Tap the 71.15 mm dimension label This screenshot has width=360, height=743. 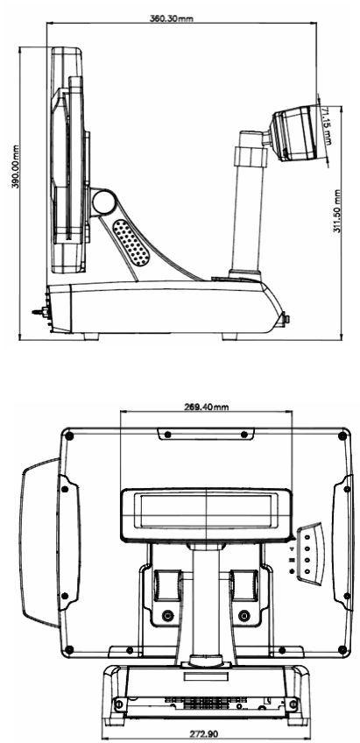[x=327, y=125]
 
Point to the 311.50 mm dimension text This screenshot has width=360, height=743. [x=337, y=211]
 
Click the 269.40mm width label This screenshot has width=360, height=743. [x=206, y=407]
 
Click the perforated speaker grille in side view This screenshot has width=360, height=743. [x=131, y=243]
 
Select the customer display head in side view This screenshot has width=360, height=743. [x=293, y=133]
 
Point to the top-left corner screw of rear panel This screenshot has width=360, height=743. [x=69, y=435]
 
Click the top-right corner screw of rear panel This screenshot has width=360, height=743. [x=342, y=435]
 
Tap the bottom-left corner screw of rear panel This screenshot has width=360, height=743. [x=69, y=648]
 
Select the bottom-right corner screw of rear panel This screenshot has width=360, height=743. [x=342, y=648]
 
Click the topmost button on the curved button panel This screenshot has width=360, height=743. [x=307, y=538]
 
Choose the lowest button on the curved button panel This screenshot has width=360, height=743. [x=307, y=572]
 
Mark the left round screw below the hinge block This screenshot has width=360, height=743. [x=166, y=616]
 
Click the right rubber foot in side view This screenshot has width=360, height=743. [x=229, y=336]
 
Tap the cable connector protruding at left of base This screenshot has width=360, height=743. [x=39, y=312]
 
